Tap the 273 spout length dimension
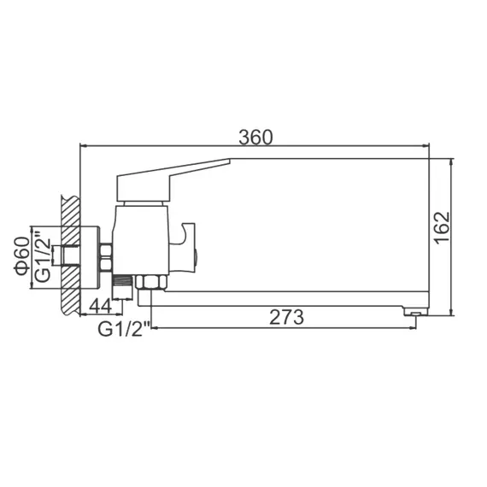pyautogui.click(x=286, y=317)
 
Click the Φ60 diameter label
pyautogui.click(x=22, y=254)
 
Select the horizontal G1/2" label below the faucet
pyautogui.click(x=124, y=328)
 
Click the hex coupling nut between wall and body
pyautogui.click(x=106, y=255)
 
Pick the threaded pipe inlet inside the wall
pyautogui.click(x=62, y=255)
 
